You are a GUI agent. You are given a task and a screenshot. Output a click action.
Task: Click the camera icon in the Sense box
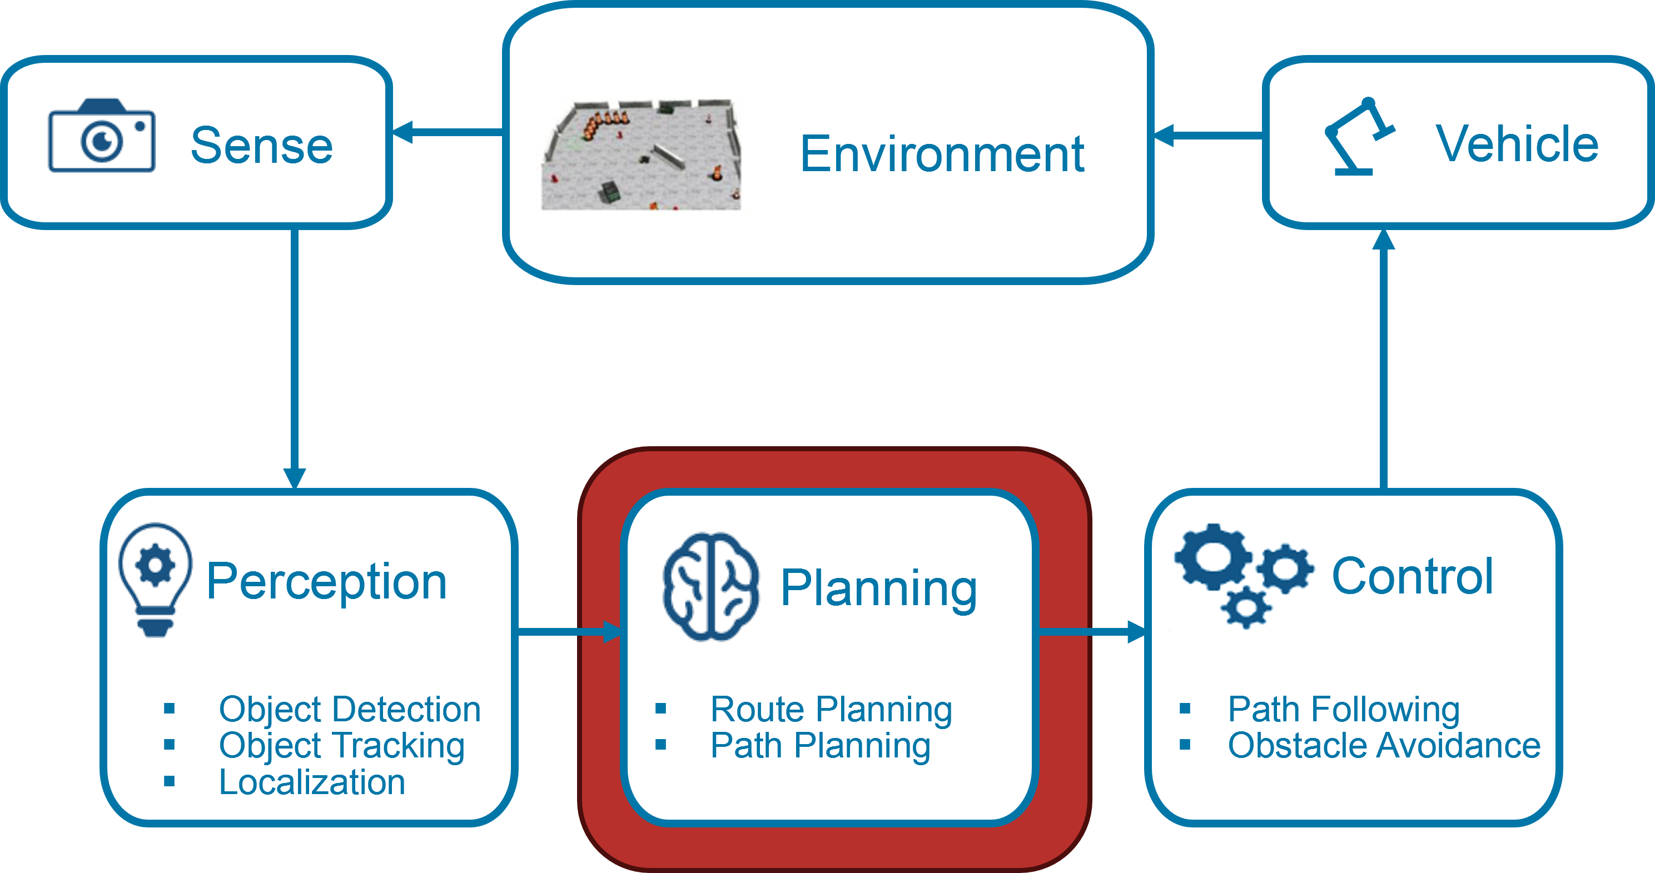(102, 136)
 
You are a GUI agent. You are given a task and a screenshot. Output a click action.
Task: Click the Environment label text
(941, 154)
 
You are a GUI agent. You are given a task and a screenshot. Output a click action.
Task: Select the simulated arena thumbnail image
(641, 155)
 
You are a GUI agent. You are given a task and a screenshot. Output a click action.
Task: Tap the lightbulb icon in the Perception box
(156, 578)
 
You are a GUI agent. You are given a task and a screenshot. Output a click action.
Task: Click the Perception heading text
(326, 581)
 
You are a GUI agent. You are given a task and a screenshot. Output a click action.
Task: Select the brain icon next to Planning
(710, 586)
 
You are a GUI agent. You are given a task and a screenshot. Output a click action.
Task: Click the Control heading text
(1412, 576)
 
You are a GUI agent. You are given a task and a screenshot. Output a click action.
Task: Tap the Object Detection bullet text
(350, 709)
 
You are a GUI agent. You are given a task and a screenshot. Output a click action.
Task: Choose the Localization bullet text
(312, 782)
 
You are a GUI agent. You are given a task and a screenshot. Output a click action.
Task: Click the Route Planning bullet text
(831, 709)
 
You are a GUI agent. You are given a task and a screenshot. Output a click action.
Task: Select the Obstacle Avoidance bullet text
(1384, 745)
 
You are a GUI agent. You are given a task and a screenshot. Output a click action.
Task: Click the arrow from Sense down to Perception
(294, 360)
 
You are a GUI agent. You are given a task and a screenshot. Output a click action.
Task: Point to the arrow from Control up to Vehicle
(1383, 360)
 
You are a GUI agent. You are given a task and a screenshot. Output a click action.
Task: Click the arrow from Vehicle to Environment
(1208, 136)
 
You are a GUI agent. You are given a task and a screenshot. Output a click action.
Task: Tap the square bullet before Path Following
(1185, 709)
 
